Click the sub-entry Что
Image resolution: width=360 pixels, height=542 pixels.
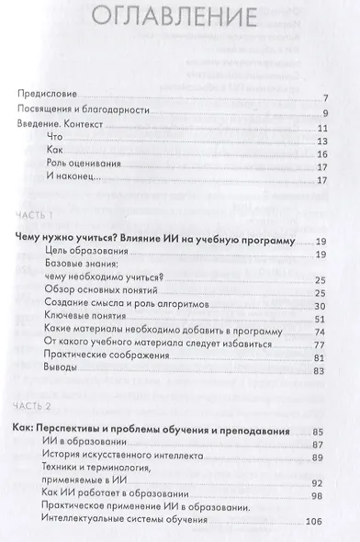tap(52, 142)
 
